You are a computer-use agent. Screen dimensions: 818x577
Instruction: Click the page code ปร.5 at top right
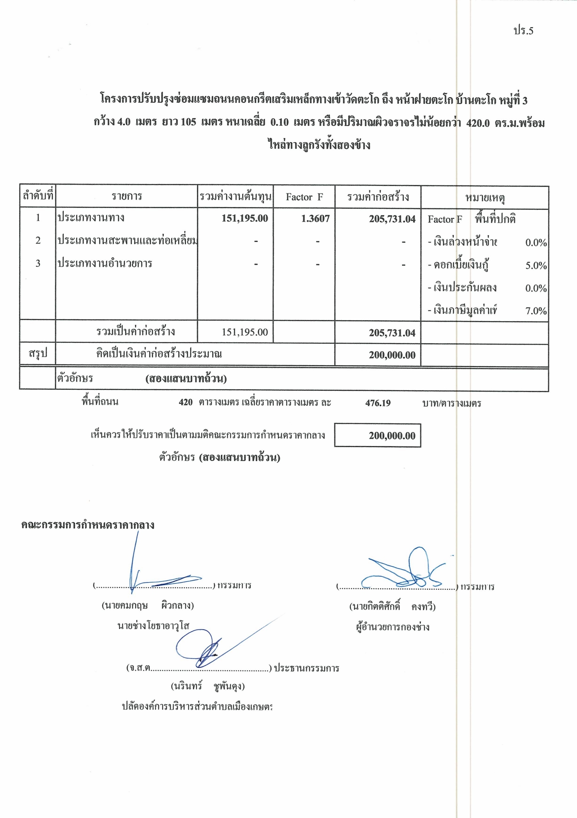523,31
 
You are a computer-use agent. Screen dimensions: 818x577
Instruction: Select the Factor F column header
304,197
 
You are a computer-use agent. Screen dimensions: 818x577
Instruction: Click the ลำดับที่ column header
38,196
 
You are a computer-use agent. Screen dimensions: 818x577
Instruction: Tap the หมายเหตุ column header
485,198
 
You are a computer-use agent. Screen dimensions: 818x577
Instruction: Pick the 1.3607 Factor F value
315,218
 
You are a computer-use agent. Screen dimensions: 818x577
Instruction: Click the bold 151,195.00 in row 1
245,218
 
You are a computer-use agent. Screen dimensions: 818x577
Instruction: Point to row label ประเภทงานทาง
91,217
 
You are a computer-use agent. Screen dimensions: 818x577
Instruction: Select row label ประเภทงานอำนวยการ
105,263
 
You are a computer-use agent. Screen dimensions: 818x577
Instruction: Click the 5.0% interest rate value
536,265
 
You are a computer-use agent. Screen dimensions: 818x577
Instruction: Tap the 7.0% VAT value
536,311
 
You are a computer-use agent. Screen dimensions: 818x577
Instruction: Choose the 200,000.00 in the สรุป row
392,355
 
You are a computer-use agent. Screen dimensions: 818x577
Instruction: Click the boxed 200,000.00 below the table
392,436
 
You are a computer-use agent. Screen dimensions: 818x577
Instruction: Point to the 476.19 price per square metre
377,403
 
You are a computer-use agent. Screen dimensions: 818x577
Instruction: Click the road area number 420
185,402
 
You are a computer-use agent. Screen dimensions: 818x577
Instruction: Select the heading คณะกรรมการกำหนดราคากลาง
88,525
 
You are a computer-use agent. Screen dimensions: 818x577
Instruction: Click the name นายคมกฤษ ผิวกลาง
147,605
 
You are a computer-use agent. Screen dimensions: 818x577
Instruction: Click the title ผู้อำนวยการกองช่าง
392,627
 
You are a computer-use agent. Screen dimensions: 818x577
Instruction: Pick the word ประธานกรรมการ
306,668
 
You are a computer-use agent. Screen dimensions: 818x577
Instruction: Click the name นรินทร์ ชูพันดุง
208,686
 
